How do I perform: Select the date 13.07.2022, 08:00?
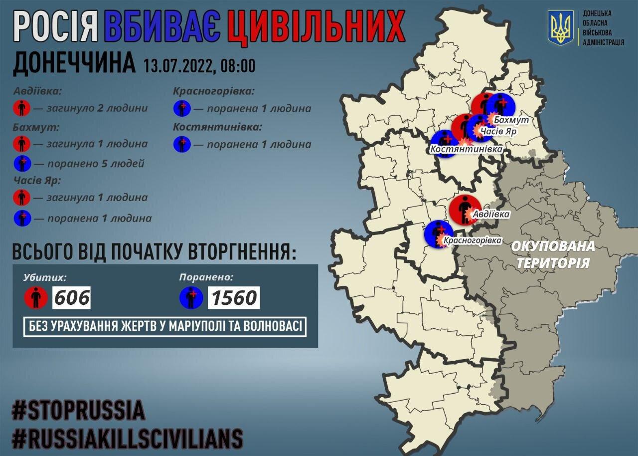pos(199,65)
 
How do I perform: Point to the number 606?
pos(72,298)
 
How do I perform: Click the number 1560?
pos(234,298)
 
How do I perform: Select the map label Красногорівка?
pos(473,240)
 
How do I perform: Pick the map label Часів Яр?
pos(498,131)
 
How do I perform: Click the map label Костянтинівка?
pos(466,149)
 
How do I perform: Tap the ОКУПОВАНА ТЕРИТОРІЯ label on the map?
pos(553,254)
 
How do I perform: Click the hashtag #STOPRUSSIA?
pos(79,410)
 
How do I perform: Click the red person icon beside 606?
pos(36,298)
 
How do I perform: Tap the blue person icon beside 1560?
pos(191,298)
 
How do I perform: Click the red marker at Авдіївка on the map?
pos(464,209)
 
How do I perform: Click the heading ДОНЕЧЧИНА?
pos(74,64)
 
